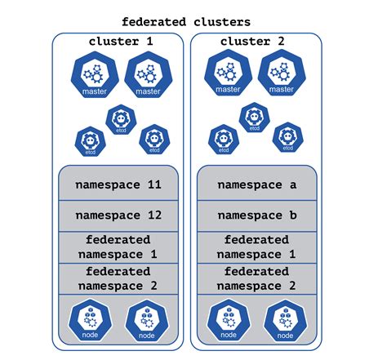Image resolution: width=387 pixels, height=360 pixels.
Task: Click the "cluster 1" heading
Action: pos(119,41)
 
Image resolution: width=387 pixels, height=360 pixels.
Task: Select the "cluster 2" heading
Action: pos(256,41)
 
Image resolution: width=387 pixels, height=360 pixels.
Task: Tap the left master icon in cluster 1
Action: pos(95,75)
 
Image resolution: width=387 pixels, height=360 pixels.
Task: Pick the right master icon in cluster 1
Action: pos(148,75)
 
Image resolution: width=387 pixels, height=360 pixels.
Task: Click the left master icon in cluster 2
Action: pos(227,74)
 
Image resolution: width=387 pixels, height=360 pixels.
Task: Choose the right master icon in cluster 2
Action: pos(281,74)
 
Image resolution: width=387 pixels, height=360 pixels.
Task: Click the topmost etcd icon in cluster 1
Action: pos(122,119)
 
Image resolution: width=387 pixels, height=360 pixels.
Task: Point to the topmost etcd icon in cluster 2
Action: pos(255,118)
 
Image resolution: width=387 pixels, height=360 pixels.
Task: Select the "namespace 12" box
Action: pos(118,216)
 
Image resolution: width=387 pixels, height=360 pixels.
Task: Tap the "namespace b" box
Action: pos(256,216)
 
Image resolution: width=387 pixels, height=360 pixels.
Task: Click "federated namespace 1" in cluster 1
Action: pos(118,247)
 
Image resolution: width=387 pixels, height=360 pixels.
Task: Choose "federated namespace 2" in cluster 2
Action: pos(256,278)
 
